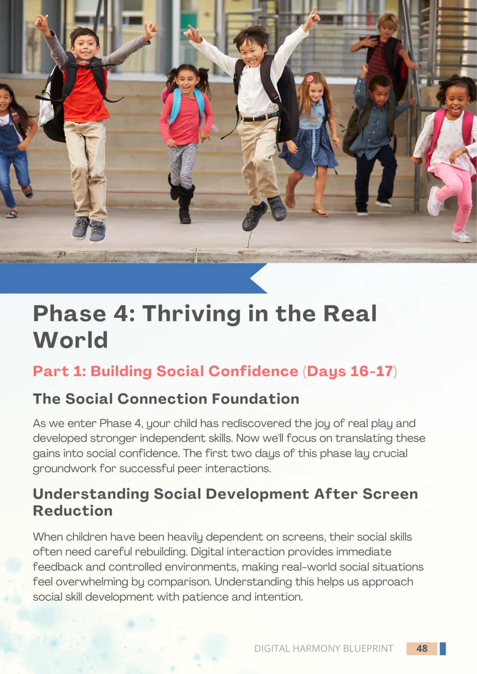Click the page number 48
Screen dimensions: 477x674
(x=422, y=648)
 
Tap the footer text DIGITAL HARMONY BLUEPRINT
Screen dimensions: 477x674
(x=324, y=649)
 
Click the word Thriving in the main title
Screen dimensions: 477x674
(x=192, y=313)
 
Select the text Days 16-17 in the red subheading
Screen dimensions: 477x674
(x=350, y=371)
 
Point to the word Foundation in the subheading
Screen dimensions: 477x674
(x=255, y=399)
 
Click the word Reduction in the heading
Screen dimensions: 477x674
(x=73, y=511)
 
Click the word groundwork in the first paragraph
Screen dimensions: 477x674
(x=64, y=469)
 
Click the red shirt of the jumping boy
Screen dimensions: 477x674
(x=86, y=96)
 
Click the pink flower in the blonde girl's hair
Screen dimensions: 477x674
(x=310, y=79)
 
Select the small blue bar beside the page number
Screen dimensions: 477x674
(x=443, y=649)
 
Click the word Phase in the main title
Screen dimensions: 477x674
(x=70, y=313)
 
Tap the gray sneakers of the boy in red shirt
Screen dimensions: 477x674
(x=89, y=229)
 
